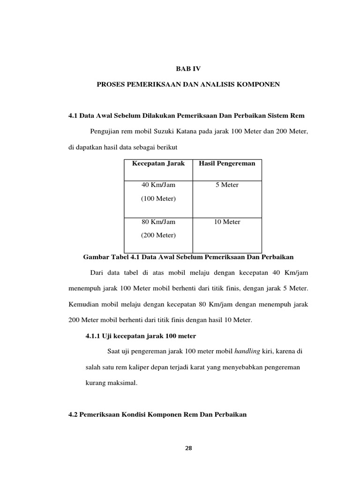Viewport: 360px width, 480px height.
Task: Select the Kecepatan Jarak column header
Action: click(x=158, y=164)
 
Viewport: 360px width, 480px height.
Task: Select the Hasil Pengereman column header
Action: click(x=227, y=164)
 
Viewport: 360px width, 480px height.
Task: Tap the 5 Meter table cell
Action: click(x=227, y=185)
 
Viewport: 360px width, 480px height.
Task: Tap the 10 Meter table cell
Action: click(x=227, y=222)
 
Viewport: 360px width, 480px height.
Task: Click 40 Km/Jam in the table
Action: click(x=158, y=185)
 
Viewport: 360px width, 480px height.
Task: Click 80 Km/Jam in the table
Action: click(x=158, y=222)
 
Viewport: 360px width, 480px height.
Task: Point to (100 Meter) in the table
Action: click(x=158, y=199)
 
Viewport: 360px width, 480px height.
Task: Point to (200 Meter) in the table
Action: click(x=158, y=235)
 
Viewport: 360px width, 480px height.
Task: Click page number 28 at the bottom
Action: click(x=188, y=448)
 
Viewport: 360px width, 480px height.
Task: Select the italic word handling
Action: click(x=247, y=351)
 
